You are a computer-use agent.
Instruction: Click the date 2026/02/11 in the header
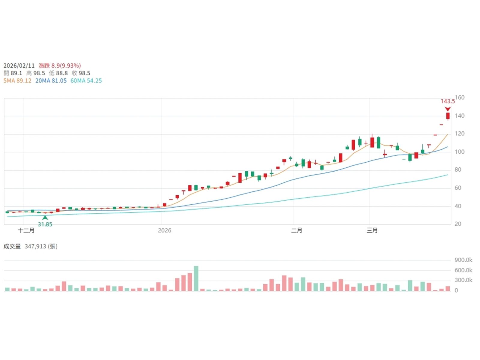pos(19,65)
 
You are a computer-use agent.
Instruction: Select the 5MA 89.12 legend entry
pos(17,81)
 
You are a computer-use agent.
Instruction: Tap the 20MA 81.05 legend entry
pos(51,81)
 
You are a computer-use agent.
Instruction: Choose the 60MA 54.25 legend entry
pos(86,81)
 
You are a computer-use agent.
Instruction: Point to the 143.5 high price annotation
pos(447,101)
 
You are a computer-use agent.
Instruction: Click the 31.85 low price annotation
pos(45,224)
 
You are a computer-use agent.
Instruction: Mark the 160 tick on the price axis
pos(460,97)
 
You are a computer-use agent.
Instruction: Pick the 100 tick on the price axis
pos(460,152)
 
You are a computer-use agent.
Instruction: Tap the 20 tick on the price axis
pos(458,224)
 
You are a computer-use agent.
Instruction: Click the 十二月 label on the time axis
pos(26,230)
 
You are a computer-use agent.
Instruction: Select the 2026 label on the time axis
pos(164,230)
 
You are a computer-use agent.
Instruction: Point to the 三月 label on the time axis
pos(372,230)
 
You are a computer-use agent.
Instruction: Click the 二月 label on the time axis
pos(296,230)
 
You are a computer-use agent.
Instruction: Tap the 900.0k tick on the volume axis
pos(463,260)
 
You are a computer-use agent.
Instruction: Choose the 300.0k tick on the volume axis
pos(463,280)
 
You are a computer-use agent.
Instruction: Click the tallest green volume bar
pos(196,278)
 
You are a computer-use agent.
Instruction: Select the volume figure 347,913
pos(35,246)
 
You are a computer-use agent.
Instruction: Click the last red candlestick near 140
pos(448,116)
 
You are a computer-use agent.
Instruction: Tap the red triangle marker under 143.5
pos(448,109)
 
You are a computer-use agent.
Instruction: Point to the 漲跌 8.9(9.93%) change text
pos(60,65)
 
